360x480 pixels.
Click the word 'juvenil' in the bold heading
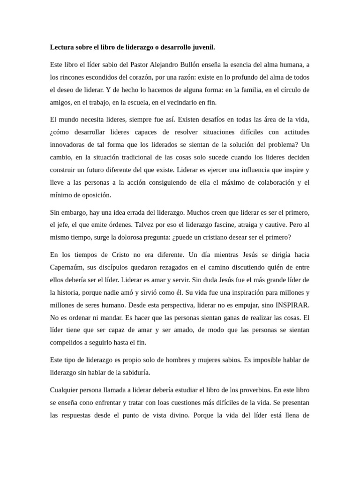point(202,47)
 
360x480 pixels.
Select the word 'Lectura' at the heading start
point(62,47)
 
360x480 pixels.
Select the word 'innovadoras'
point(68,144)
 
